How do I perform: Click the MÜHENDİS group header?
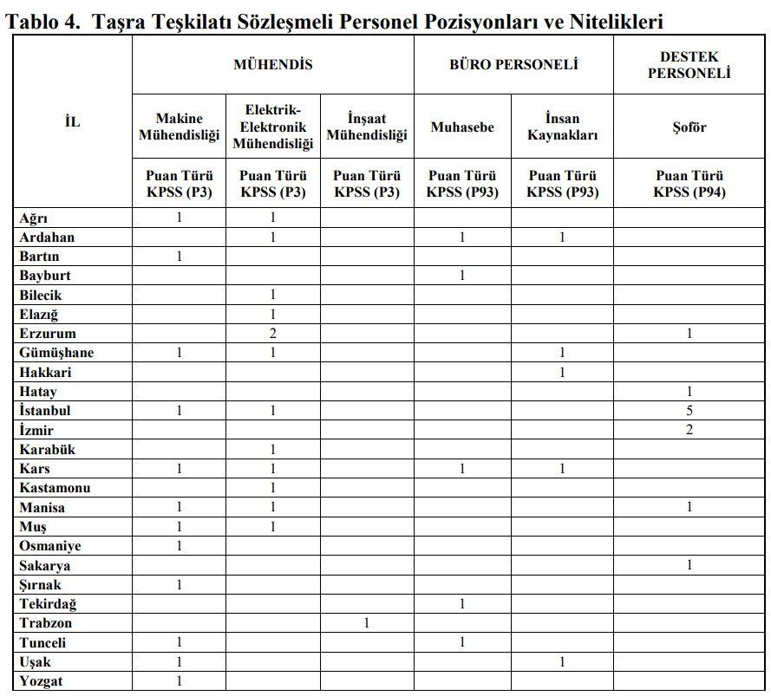(x=272, y=65)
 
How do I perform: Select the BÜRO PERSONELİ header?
(x=513, y=65)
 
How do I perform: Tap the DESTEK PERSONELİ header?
(x=689, y=65)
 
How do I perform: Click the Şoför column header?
(x=689, y=127)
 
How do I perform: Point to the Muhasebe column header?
(x=462, y=127)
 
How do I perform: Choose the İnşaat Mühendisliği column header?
(x=367, y=127)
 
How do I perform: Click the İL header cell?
(x=73, y=122)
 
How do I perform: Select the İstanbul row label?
(x=45, y=411)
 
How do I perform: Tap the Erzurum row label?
(x=48, y=334)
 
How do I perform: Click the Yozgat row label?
(x=42, y=681)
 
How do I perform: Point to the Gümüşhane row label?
(x=56, y=353)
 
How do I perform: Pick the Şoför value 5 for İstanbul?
(x=689, y=411)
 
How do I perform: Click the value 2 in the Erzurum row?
(x=273, y=334)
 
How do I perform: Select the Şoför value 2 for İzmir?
(x=689, y=430)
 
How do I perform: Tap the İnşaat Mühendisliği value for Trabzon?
(x=367, y=623)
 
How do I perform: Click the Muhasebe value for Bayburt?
(x=462, y=276)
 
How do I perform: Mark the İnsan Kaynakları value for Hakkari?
(x=562, y=373)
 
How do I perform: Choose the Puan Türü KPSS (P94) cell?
(x=689, y=184)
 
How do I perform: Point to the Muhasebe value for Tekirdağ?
(x=462, y=604)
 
